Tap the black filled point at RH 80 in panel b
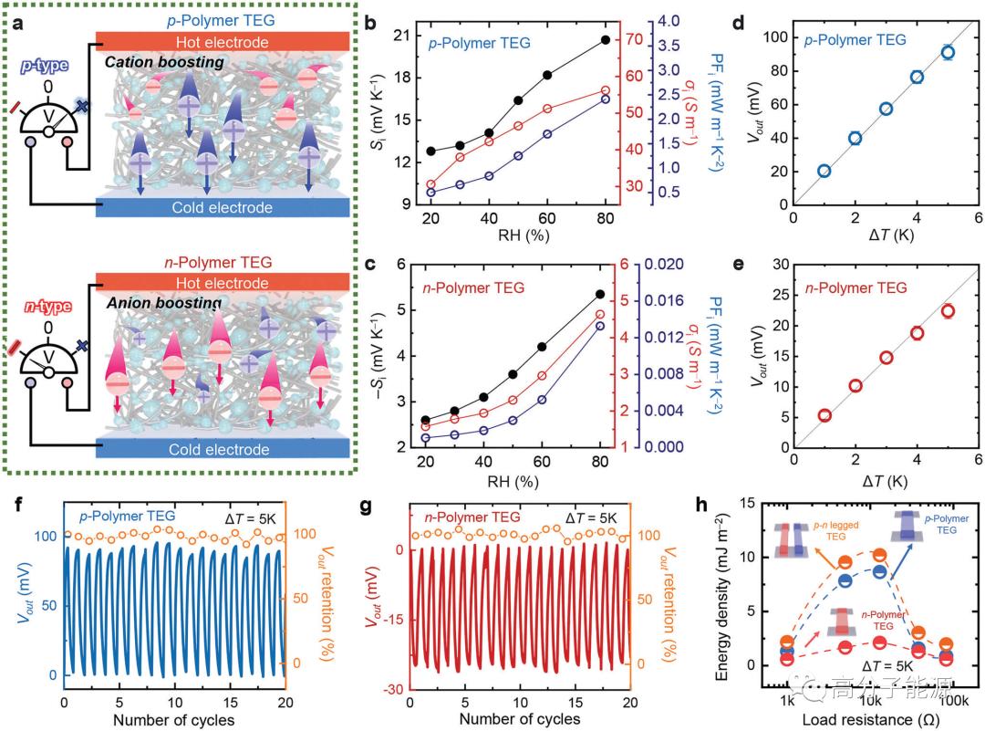(607, 40)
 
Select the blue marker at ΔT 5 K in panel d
(948, 53)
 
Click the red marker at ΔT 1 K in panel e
(824, 415)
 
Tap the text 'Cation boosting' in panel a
(163, 63)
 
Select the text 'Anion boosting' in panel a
(163, 304)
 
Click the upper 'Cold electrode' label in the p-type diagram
(222, 208)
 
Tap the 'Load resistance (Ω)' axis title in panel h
(870, 719)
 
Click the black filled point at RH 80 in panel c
(599, 294)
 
